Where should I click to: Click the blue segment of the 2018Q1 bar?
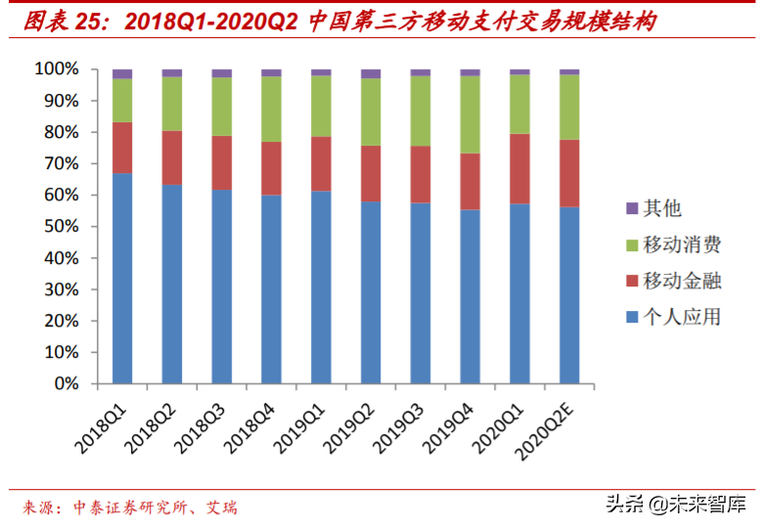(x=122, y=279)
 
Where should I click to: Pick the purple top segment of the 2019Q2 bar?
(x=371, y=73)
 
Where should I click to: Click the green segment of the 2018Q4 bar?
(x=271, y=109)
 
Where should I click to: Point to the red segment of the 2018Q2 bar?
(x=172, y=157)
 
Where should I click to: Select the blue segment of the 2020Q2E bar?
(x=569, y=294)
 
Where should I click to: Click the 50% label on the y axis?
(x=60, y=227)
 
